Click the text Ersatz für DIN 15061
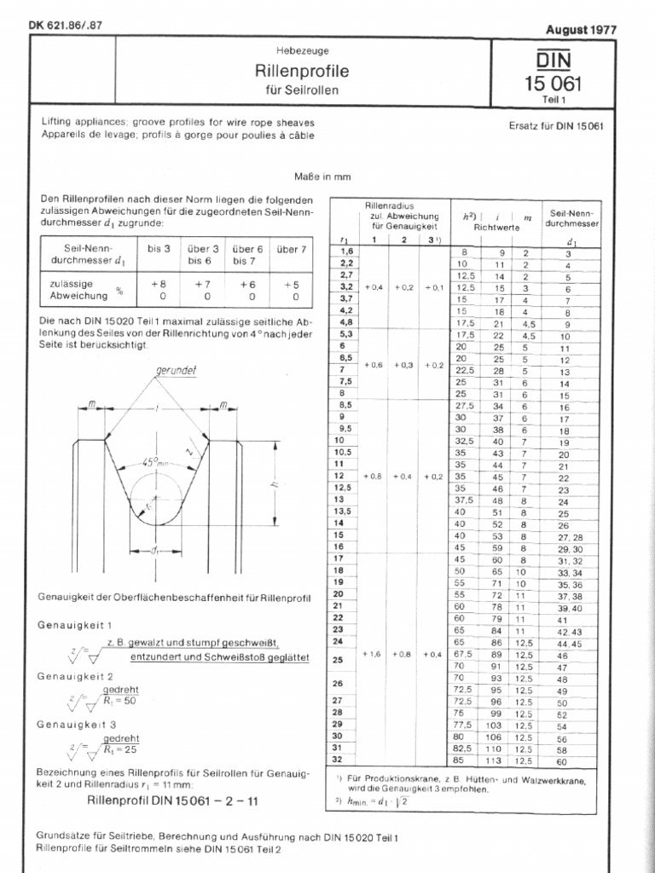tap(555, 126)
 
